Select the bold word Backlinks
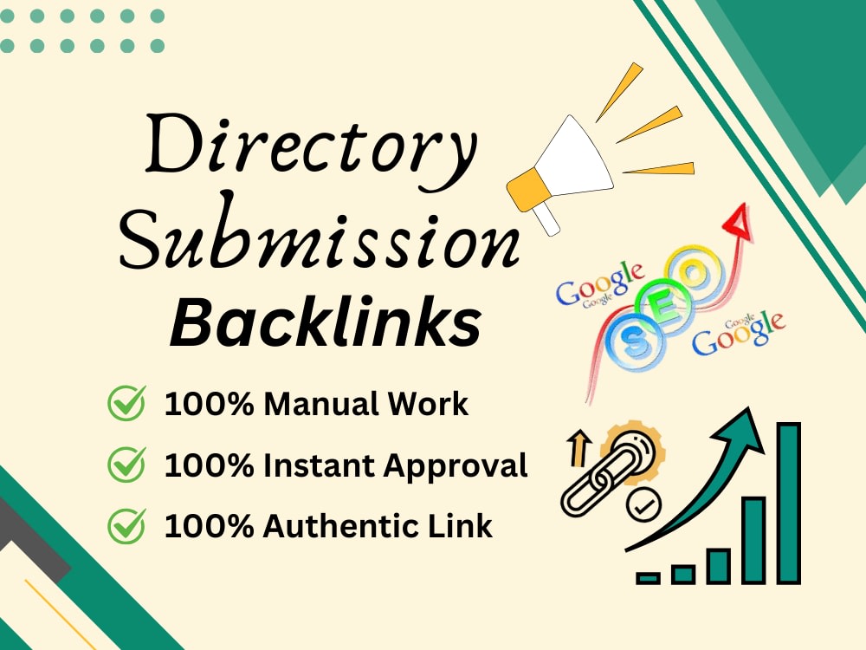326,322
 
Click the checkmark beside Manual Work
127,403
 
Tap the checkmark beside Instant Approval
127,465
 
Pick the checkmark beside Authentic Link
127,526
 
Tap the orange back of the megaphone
527,191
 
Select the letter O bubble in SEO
695,273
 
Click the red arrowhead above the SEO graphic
739,222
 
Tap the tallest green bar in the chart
789,503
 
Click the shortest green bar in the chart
649,578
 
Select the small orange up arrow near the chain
579,449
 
